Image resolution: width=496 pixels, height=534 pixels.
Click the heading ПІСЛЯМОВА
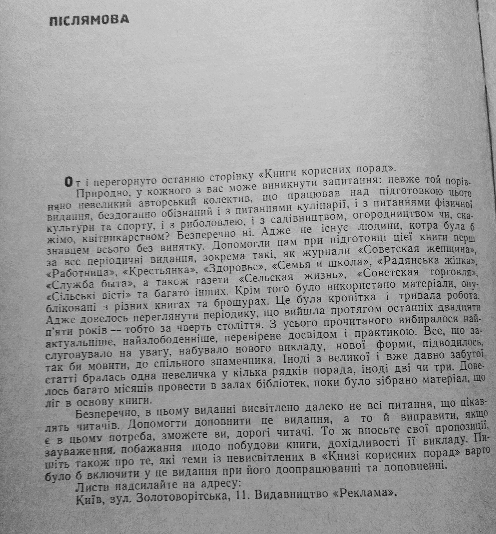point(89,20)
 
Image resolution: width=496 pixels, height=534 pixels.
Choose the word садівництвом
point(297,219)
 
